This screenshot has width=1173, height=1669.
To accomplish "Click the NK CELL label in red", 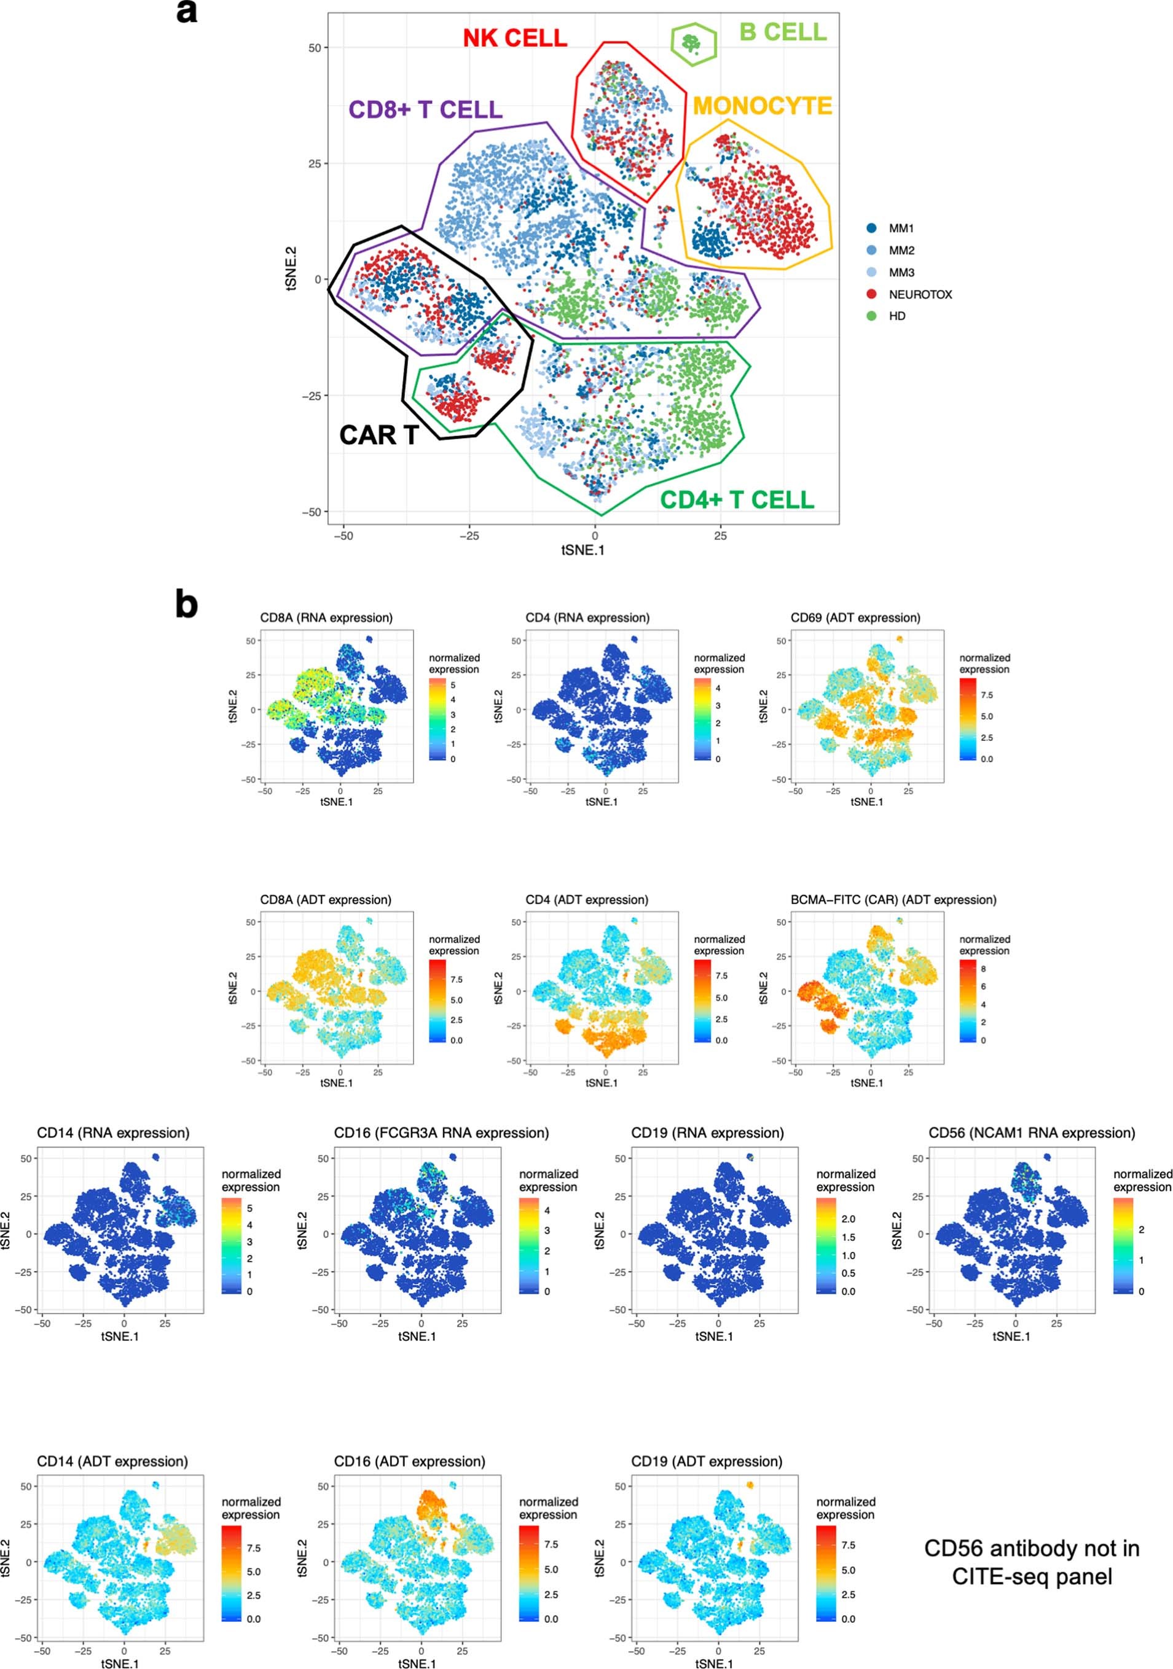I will [x=515, y=38].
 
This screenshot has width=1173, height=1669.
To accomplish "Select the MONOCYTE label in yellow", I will [x=761, y=106].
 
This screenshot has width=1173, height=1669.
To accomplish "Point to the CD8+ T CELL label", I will [x=425, y=110].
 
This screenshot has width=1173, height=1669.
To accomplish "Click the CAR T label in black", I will [x=378, y=435].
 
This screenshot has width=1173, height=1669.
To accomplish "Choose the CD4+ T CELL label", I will [x=736, y=499].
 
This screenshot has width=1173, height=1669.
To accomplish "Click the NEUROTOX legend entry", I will [x=919, y=294].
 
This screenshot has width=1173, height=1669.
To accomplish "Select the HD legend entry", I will [x=896, y=316].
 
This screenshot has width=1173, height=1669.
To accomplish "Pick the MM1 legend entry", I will [x=900, y=229].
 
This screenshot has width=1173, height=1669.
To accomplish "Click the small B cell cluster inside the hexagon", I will [x=690, y=43].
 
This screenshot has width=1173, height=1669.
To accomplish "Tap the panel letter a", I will [x=187, y=12].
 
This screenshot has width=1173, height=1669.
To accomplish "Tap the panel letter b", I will [x=187, y=604].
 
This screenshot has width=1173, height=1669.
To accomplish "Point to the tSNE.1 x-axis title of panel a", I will [x=583, y=550].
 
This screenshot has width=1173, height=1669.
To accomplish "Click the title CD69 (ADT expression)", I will [x=855, y=618].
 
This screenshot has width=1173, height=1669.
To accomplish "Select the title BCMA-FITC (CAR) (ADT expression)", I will [x=893, y=899].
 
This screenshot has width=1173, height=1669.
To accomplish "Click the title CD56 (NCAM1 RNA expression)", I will [x=1031, y=1133].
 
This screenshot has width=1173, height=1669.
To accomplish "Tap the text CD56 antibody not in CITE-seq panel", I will [x=1031, y=1562].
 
